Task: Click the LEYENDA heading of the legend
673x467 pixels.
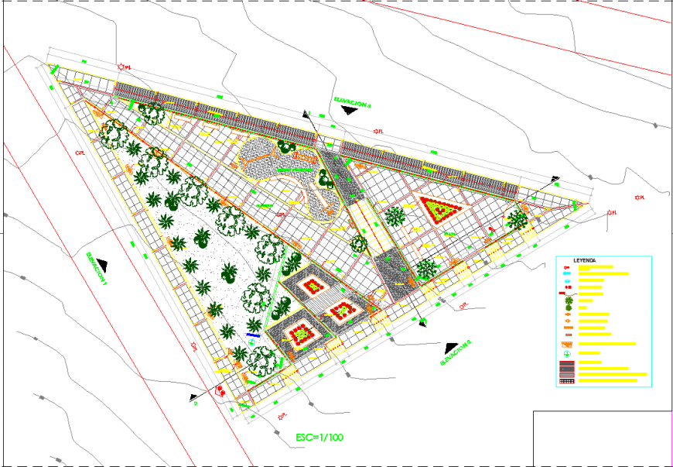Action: [585, 260]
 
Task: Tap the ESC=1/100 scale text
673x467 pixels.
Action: [319, 438]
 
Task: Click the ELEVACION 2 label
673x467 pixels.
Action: [456, 352]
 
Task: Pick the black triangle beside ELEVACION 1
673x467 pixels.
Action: [103, 266]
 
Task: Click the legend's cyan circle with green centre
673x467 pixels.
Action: [567, 354]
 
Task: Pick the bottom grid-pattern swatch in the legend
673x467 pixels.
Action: [567, 381]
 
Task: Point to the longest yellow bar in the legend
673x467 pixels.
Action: [613, 375]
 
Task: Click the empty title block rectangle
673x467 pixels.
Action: [603, 438]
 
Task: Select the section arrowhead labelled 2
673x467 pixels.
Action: [193, 398]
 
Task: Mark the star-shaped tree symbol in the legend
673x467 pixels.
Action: [569, 301]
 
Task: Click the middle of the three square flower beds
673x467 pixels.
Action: [341, 311]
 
